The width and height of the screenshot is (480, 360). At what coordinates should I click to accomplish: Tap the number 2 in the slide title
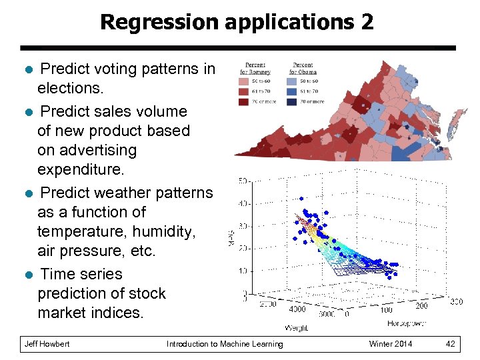[367, 22]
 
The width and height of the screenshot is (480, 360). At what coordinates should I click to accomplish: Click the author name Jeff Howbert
[47, 344]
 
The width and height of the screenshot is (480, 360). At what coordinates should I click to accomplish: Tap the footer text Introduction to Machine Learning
[225, 344]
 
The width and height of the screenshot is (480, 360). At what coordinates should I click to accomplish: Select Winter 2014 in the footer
[391, 344]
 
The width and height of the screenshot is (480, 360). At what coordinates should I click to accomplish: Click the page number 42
[451, 344]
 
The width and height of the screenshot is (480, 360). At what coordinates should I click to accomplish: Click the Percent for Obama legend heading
[303, 68]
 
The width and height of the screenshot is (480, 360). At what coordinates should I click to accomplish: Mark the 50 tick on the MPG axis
[245, 181]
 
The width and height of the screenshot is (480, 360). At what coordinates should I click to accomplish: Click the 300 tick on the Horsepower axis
[456, 302]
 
